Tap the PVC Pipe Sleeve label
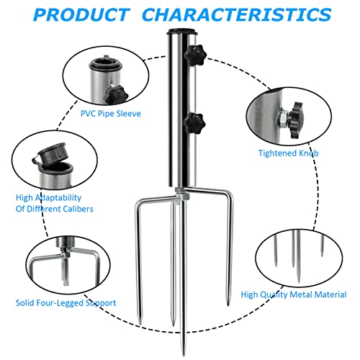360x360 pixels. pos(110,113)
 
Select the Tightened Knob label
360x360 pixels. pos(289,153)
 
